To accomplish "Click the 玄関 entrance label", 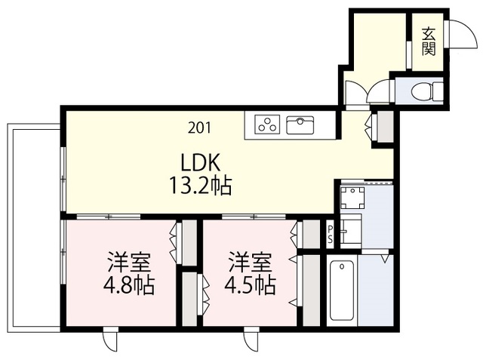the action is [x=429, y=42].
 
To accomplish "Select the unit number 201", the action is [x=199, y=128].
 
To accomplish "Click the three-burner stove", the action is [x=267, y=125].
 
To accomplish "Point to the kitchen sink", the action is [x=300, y=125].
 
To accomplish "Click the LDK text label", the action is [x=201, y=163].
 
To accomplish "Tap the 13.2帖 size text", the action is [x=201, y=186].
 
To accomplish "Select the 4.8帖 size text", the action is [x=129, y=285].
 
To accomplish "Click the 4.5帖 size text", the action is [x=250, y=285].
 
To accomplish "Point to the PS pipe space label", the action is [x=331, y=234].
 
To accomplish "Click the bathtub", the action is [x=342, y=291].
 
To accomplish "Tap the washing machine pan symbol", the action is [x=352, y=198].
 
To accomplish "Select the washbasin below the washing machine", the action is [x=351, y=229].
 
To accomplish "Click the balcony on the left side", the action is [x=33, y=228].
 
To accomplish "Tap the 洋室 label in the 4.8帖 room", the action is [x=129, y=263].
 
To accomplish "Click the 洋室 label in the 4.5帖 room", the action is [x=250, y=263].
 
